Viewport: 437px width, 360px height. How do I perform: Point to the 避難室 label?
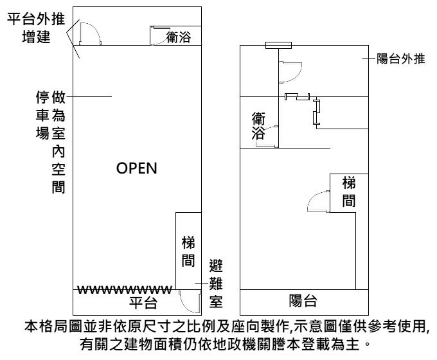click(216, 282)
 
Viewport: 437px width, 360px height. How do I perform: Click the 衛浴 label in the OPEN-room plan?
click(177, 38)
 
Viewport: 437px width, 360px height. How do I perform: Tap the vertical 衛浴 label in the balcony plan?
click(258, 125)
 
